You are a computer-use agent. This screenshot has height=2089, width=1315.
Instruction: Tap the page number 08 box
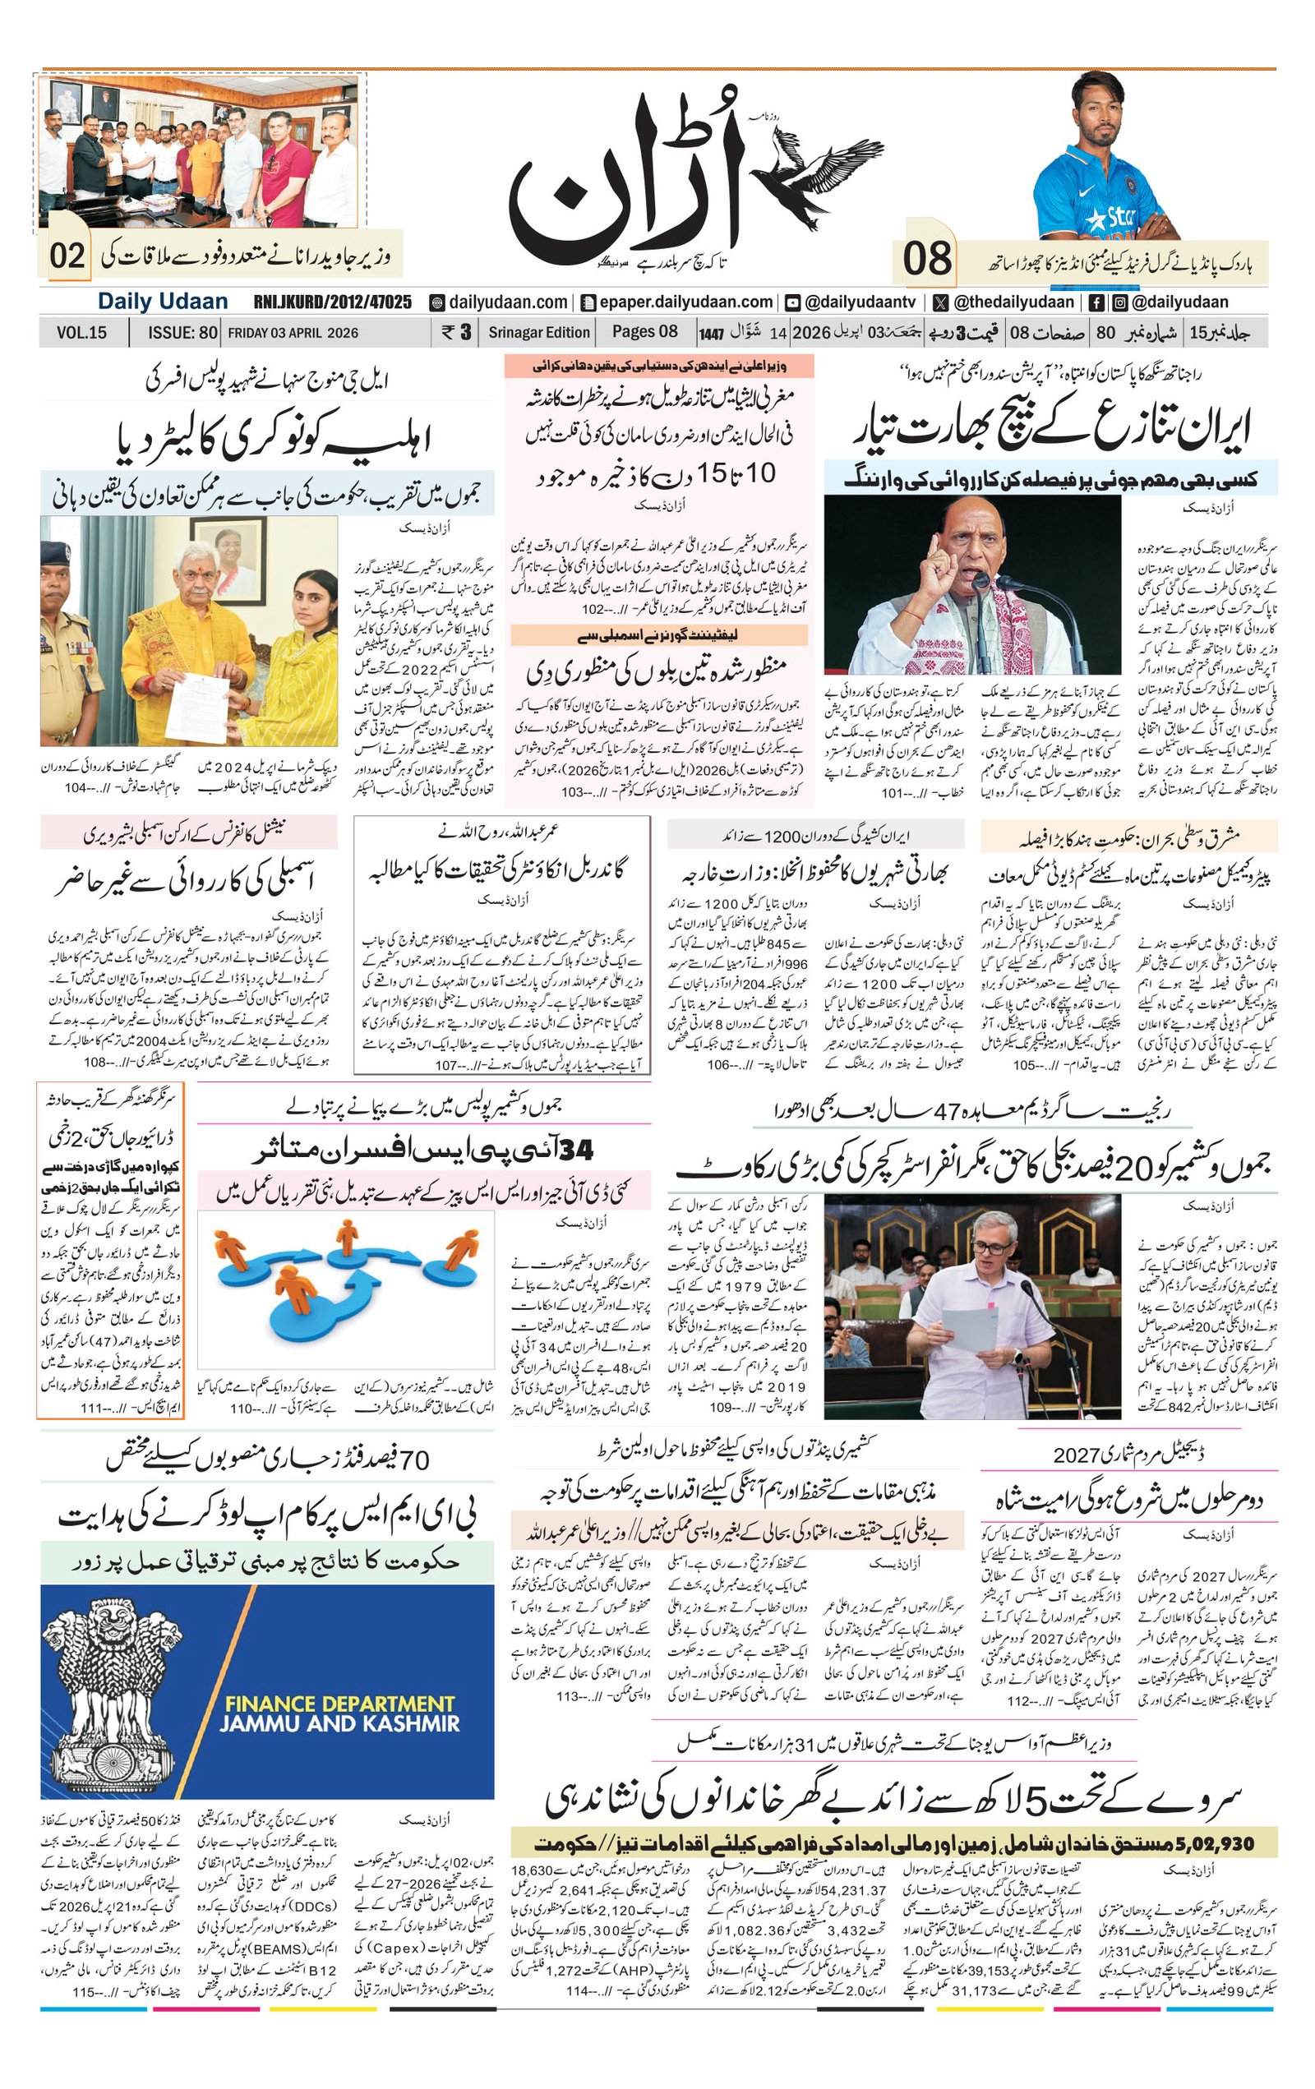[x=927, y=259]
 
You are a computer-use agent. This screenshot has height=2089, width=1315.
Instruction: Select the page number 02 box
[x=67, y=256]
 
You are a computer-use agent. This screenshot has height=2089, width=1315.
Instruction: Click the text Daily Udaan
[x=162, y=302]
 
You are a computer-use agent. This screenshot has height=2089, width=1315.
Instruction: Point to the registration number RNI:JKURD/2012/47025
[x=332, y=302]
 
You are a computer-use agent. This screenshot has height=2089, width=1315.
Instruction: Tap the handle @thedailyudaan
[x=1004, y=302]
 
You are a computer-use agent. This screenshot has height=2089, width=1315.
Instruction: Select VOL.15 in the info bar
[x=81, y=332]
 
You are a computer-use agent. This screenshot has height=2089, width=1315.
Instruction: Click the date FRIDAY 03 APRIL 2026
[x=293, y=332]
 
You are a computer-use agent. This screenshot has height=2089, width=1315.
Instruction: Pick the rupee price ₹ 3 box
[x=455, y=332]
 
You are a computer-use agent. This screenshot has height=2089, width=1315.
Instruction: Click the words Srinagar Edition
[x=538, y=332]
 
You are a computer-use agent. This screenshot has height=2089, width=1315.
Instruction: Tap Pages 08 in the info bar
[x=644, y=332]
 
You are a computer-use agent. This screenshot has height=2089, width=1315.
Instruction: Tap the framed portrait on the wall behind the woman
[x=229, y=560]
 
